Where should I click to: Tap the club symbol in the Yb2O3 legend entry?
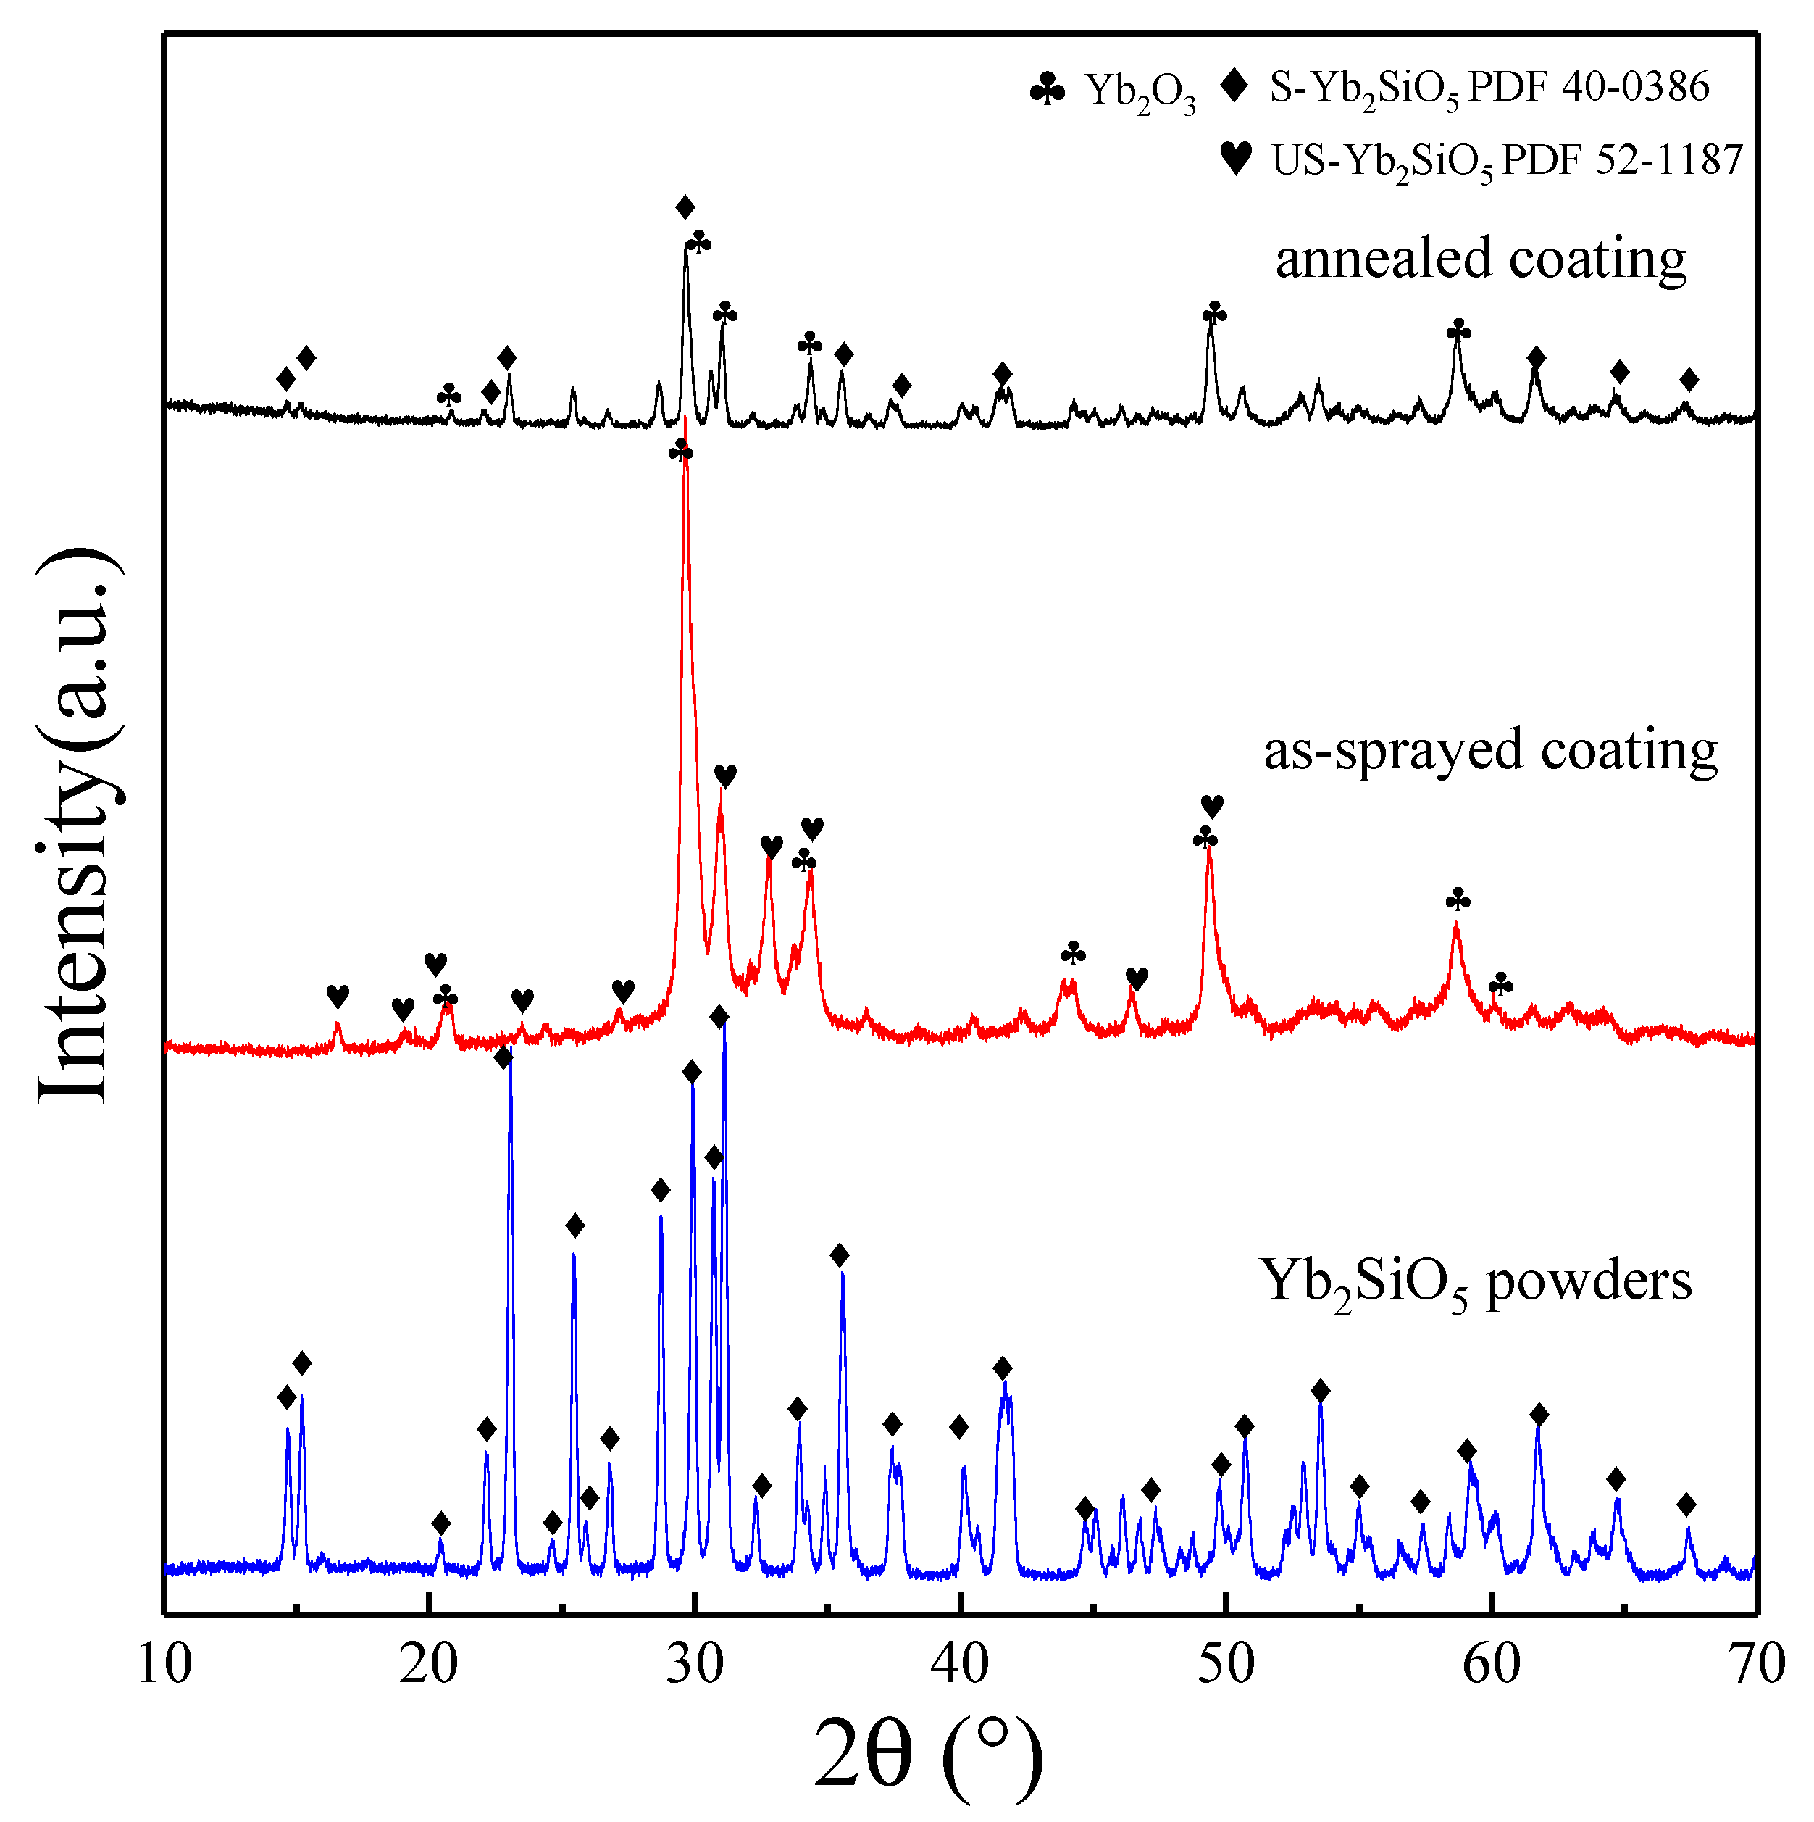coord(1048,91)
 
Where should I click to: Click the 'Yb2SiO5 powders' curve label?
coord(1476,1283)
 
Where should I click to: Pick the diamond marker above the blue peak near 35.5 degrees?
coord(839,1255)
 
